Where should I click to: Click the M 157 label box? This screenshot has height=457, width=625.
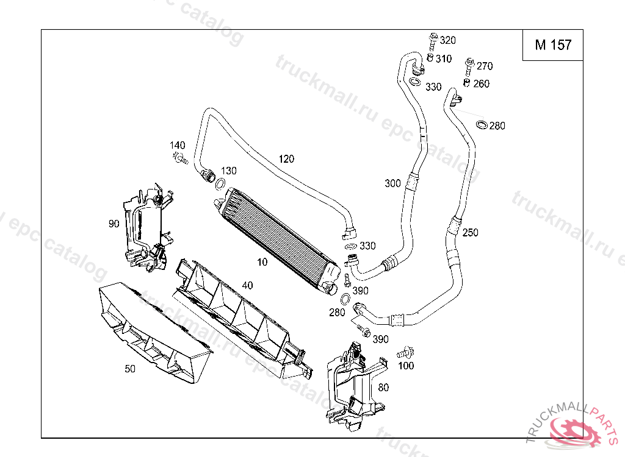[x=553, y=45]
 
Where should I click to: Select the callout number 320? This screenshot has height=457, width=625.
[x=447, y=40]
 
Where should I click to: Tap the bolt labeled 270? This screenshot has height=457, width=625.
[x=469, y=67]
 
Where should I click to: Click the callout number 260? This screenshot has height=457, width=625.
[x=481, y=83]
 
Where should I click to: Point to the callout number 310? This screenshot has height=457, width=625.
[x=444, y=59]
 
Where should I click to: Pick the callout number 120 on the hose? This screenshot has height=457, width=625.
[x=286, y=159]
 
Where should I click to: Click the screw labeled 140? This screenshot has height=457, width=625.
[x=181, y=158]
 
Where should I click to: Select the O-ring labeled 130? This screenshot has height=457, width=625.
[x=220, y=184]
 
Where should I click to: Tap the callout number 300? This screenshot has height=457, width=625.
[x=392, y=183]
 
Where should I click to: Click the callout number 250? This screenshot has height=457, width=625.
[x=471, y=233]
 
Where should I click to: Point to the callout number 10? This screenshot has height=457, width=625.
[x=262, y=262]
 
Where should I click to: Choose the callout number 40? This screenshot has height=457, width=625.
[x=248, y=285]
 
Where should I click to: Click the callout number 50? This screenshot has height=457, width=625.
[x=130, y=369]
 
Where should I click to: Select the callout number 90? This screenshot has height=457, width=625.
[x=114, y=224]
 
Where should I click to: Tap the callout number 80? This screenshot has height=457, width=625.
[x=383, y=388]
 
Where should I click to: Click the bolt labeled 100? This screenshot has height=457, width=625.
[x=406, y=353]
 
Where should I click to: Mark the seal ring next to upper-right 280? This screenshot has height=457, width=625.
[x=482, y=125]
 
